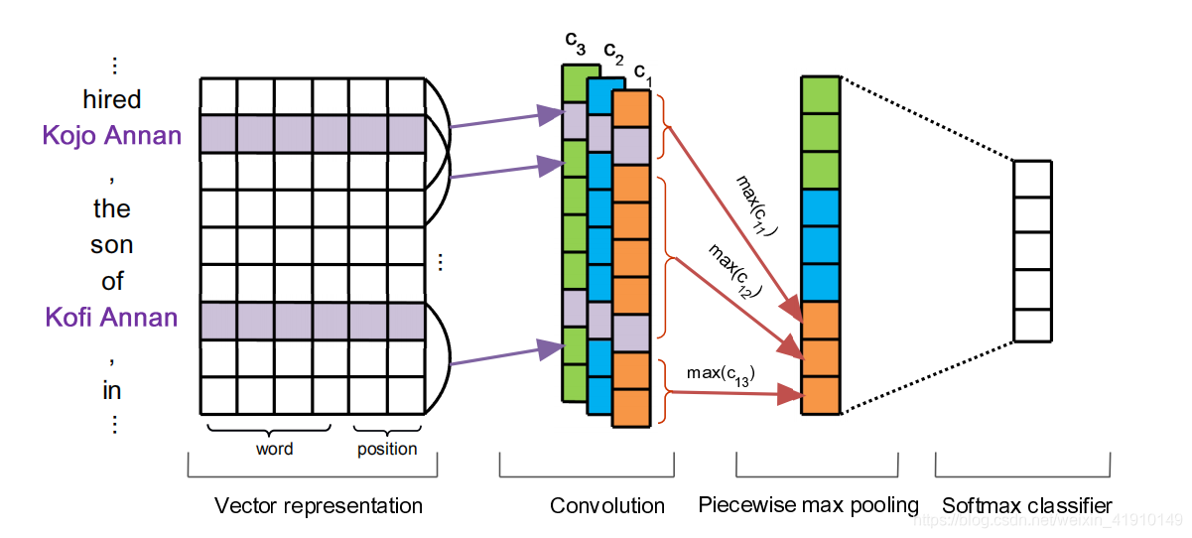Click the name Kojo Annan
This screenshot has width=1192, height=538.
tap(112, 135)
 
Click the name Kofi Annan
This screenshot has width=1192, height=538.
tap(112, 318)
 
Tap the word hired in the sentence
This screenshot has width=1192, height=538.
tap(112, 99)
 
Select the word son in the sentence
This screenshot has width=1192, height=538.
tap(112, 244)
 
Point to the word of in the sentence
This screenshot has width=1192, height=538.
tap(112, 281)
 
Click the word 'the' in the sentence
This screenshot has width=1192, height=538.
tap(112, 208)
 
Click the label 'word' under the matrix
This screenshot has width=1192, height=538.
tap(274, 449)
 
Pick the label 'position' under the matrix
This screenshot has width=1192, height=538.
tap(387, 449)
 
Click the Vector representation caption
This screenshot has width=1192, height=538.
tap(319, 506)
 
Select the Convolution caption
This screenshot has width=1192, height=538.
tap(607, 506)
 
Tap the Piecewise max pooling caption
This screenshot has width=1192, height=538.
tap(808, 505)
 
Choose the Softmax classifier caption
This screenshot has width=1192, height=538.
tap(1027, 506)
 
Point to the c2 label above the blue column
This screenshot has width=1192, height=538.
tap(613, 52)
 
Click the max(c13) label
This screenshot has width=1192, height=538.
tap(720, 374)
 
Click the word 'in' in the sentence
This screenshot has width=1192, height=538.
tap(112, 390)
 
